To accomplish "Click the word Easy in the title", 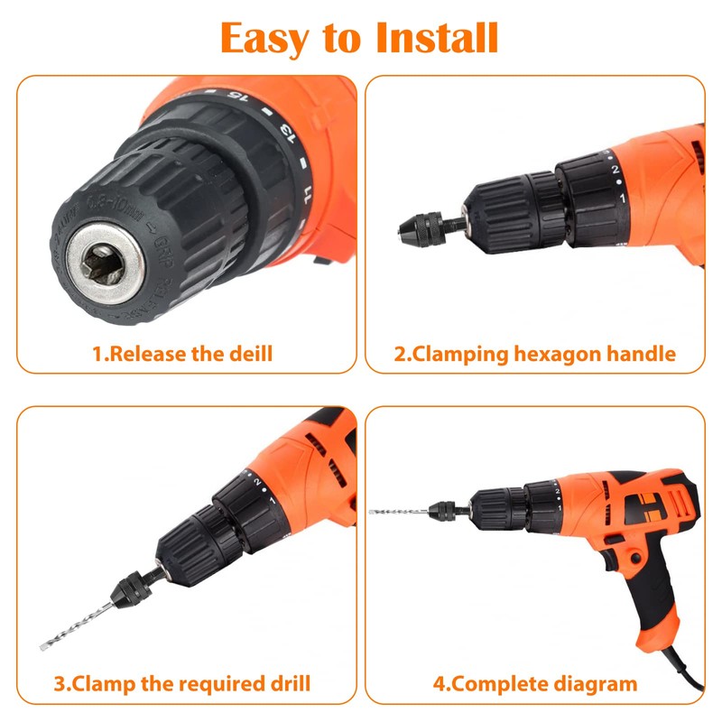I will point(262,38).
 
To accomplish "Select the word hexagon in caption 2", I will point(560,354).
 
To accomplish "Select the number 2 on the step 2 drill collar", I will point(614,168).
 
